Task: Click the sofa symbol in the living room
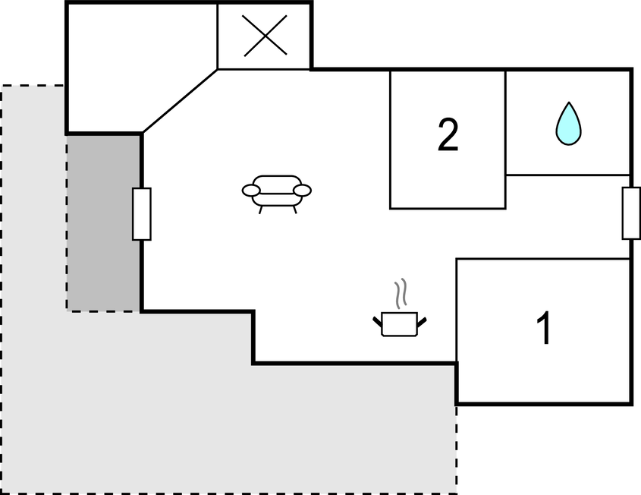tap(276, 192)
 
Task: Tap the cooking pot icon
tap(399, 323)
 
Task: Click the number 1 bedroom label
tap(543, 329)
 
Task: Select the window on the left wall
tap(142, 214)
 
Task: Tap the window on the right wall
tap(630, 213)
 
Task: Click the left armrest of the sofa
tap(251, 191)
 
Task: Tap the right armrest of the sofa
tap(303, 190)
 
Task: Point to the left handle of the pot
tap(377, 322)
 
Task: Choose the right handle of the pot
tap(422, 321)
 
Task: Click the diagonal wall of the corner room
tap(180, 102)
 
